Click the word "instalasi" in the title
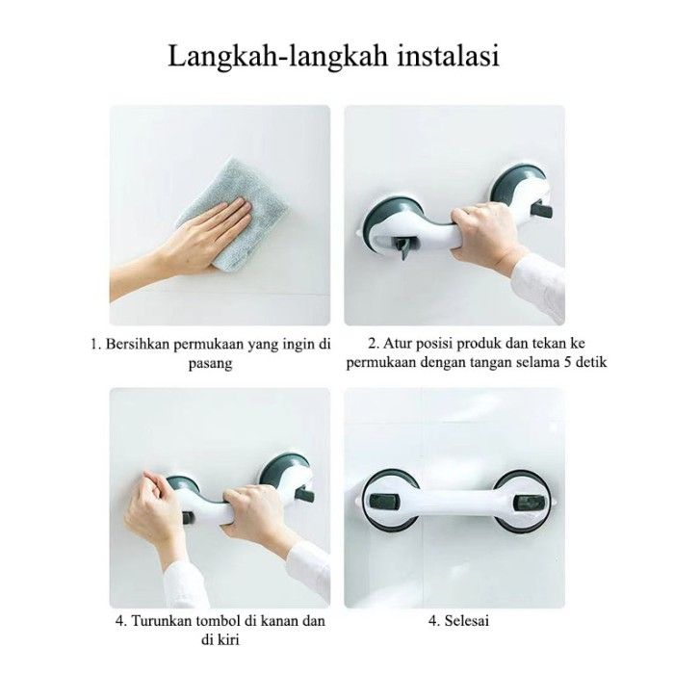(x=448, y=57)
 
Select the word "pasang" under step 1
(x=211, y=364)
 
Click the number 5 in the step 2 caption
(x=566, y=362)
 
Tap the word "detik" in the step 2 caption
(x=590, y=362)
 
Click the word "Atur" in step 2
(x=396, y=344)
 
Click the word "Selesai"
(x=466, y=621)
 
